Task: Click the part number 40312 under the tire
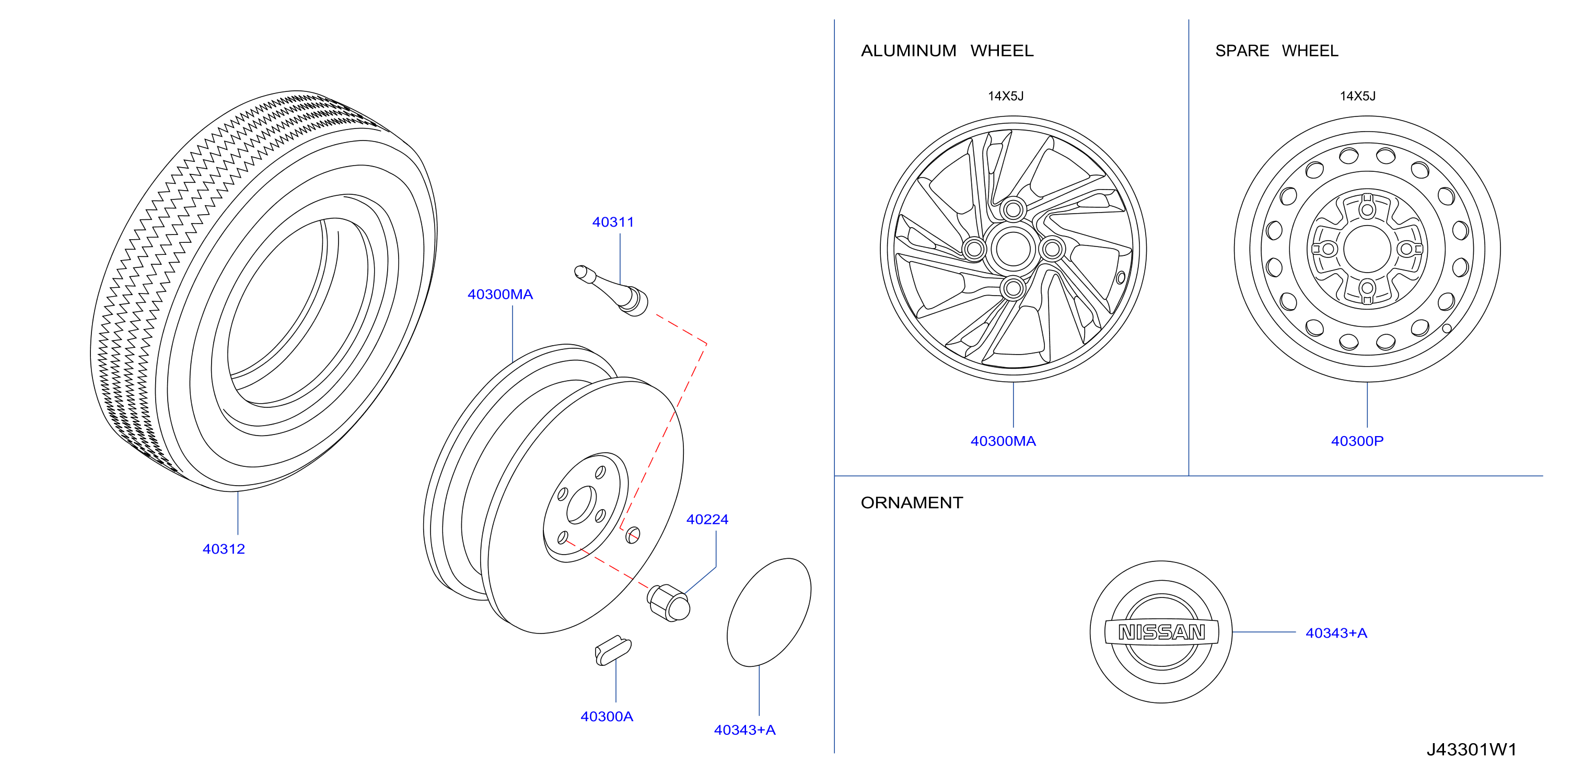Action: click(224, 549)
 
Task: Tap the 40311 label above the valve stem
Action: click(613, 222)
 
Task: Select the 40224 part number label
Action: click(707, 520)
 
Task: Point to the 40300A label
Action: click(607, 717)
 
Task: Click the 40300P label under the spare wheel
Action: click(1357, 441)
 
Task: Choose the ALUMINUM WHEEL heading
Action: click(947, 51)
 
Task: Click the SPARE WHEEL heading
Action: click(1276, 51)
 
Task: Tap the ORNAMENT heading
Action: click(911, 503)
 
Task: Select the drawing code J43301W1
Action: click(1471, 750)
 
